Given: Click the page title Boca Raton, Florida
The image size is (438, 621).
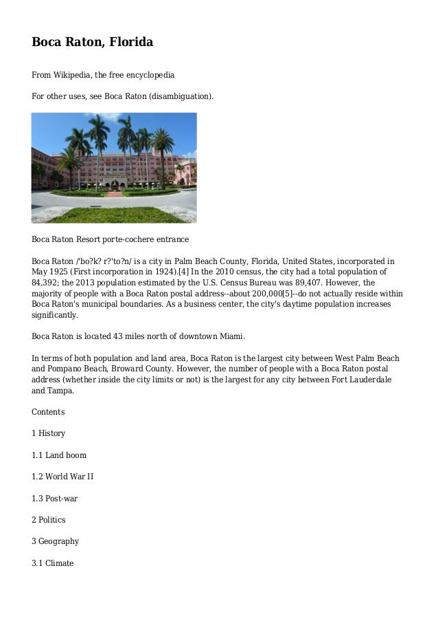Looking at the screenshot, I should tap(92, 43).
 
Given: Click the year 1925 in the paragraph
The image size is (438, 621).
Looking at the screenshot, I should tap(62, 271).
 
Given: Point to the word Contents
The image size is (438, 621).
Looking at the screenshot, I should tap(49, 412).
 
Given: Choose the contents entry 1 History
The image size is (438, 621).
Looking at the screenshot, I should tap(49, 433).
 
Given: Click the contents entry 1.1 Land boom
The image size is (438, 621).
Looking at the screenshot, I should tap(59, 455).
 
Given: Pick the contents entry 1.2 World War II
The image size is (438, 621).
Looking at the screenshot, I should tap(62, 476).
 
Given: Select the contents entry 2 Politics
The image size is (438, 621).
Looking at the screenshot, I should tap(49, 519).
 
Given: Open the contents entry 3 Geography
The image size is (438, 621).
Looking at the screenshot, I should tap(56, 541).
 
